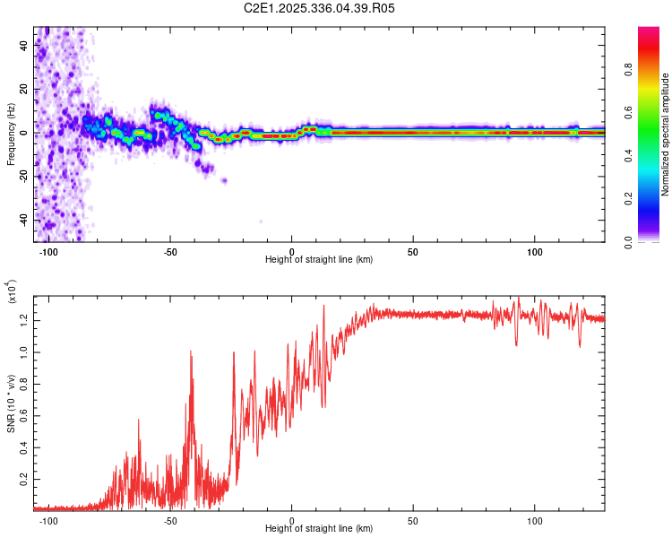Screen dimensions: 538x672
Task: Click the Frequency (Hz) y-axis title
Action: (x=11, y=134)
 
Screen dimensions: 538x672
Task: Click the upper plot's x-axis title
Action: (x=319, y=259)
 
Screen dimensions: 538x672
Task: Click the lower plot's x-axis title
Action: (x=319, y=530)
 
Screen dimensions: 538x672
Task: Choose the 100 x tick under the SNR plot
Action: (x=535, y=520)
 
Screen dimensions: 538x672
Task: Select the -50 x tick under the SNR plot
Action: (x=170, y=520)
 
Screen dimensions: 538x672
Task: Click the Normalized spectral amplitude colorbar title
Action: (x=666, y=134)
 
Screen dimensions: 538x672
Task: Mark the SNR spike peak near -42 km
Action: (x=191, y=351)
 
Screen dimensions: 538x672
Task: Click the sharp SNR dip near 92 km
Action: (x=516, y=345)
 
